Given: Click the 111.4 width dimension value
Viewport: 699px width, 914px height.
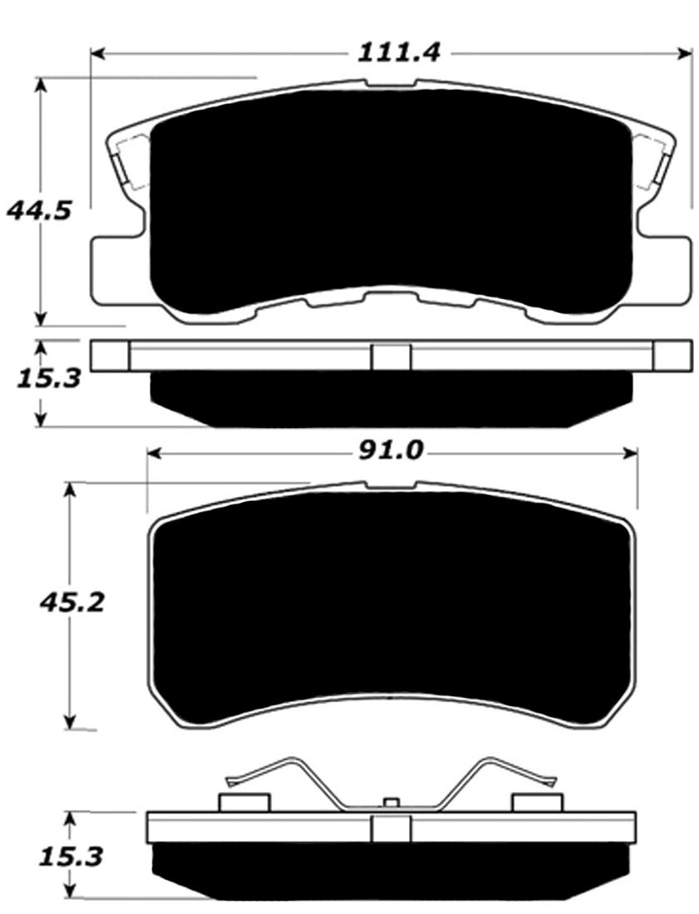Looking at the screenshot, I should (398, 52).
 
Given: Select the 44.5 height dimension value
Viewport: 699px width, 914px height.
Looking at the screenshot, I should (38, 210).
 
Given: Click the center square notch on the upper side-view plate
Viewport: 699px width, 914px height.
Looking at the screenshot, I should (391, 356).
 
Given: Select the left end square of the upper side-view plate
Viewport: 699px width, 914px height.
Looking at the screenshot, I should (110, 356).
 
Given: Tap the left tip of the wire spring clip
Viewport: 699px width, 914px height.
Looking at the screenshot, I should (231, 780).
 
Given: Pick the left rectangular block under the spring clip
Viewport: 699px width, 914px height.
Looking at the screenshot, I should (244, 802).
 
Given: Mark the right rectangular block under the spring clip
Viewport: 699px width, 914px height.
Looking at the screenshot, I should (538, 802).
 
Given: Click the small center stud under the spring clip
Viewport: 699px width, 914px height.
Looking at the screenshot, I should (391, 803).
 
